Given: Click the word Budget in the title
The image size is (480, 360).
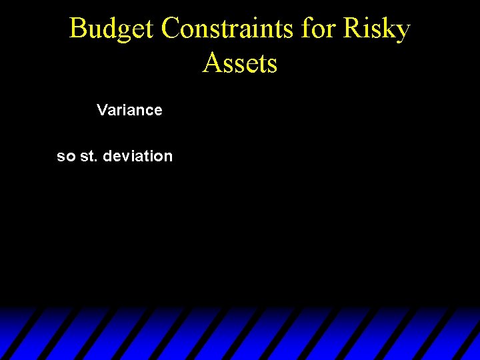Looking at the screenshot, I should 112,29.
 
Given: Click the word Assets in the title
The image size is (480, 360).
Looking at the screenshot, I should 240,63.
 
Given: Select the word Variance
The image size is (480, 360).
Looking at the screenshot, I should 129,110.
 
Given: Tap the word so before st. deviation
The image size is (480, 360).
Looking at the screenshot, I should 66,157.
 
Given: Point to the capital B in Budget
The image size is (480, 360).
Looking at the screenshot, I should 78,29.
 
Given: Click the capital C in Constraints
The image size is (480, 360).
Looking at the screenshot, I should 171,29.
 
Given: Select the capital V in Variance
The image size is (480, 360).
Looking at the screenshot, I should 101,110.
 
